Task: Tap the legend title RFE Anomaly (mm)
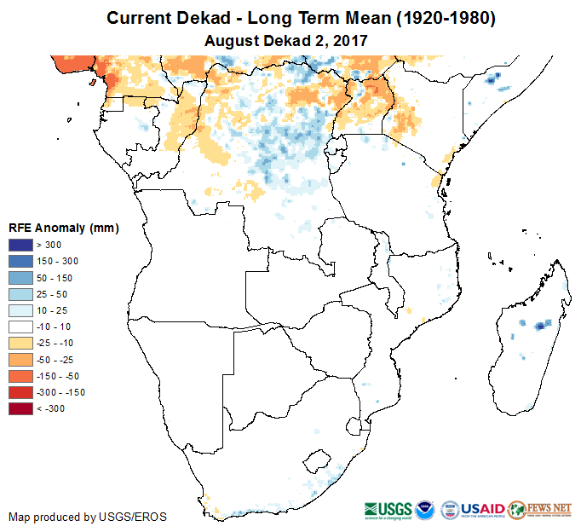pyautogui.click(x=63, y=228)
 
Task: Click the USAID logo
pyautogui.click(x=482, y=509)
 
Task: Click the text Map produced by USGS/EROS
pyautogui.click(x=88, y=517)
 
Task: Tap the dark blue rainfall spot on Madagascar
pyautogui.click(x=539, y=325)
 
